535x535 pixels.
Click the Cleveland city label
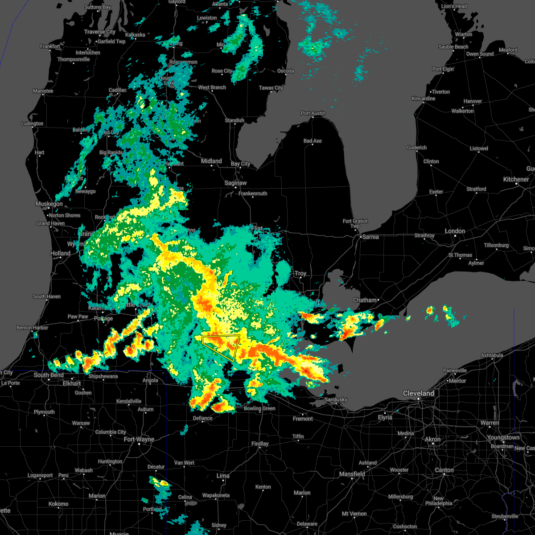pos(418,393)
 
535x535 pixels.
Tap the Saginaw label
pos(235,183)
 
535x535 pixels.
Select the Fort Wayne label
pos(139,439)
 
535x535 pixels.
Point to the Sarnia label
pos(370,237)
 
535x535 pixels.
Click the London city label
pos(455,231)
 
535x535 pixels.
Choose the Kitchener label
pos(516,179)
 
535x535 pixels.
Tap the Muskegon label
pos(49,204)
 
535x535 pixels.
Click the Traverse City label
pos(100,32)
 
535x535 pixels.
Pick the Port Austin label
pos(313,113)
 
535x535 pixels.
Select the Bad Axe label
pos(313,141)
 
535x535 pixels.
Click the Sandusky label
pos(336,399)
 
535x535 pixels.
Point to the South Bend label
pos(49,375)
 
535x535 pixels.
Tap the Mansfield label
pos(352,474)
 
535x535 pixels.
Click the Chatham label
pos(365,300)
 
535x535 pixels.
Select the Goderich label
pos(417,148)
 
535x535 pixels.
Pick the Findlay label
pos(260,444)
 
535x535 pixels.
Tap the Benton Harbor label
pos(32,328)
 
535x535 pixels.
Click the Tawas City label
pos(271,88)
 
